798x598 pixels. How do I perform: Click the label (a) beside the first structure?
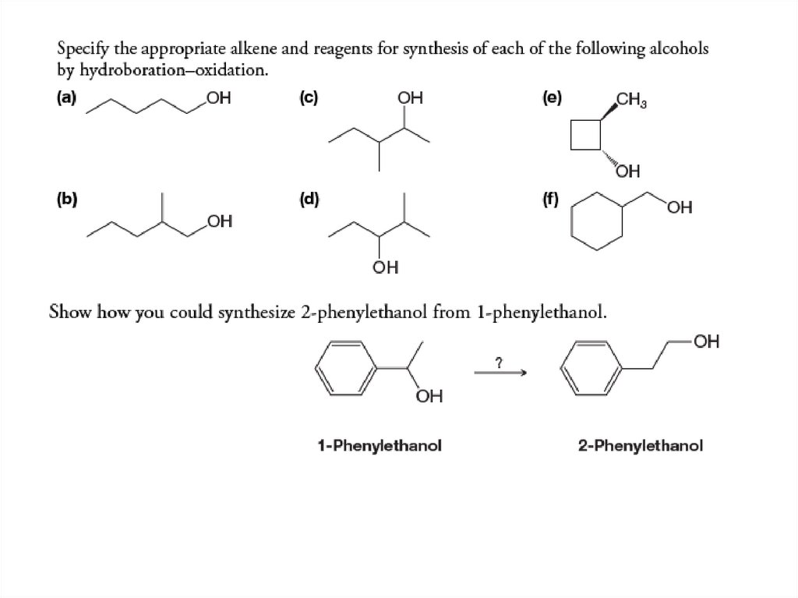pos(65,99)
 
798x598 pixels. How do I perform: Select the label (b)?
pos(65,198)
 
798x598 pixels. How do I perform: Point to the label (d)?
pos(309,198)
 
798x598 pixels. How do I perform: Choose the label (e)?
pos(553,99)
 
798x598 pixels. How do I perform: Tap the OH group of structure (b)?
pos(221,223)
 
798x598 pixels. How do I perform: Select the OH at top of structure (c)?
pos(410,99)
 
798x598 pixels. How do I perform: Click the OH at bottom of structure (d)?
pos(386,269)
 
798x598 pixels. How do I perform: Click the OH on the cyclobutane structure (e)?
pos(629,172)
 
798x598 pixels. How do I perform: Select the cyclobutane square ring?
pos(585,135)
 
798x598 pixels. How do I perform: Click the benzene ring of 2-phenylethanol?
pos(591,366)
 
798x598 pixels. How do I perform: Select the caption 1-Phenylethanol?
pos(380,446)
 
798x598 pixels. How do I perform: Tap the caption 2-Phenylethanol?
pos(641,446)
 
